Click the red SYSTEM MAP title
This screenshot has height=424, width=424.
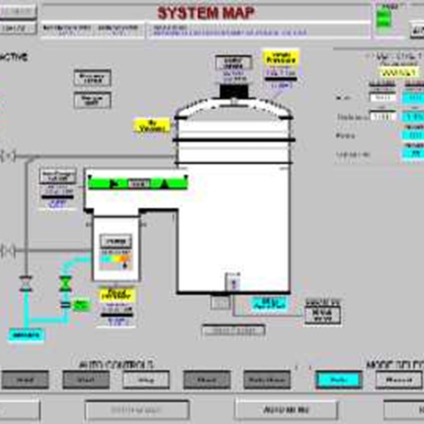tap(206, 12)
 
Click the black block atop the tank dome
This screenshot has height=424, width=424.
tap(234, 91)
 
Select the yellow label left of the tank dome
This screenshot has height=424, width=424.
tap(152, 126)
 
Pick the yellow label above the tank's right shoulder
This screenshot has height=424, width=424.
tap(281, 57)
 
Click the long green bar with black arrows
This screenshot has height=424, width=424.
tap(136, 183)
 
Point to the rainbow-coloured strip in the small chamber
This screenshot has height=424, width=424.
tap(116, 260)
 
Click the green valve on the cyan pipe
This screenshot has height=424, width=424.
tap(66, 284)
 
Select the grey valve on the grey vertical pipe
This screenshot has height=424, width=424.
tap(25, 284)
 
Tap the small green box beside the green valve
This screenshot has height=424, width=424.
tap(81, 305)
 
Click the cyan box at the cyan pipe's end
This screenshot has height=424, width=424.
tap(26, 334)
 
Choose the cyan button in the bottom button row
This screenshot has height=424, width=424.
tap(339, 379)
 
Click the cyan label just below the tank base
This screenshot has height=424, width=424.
tap(268, 303)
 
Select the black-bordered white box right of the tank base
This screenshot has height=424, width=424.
tap(322, 314)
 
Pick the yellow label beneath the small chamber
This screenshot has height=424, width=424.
tap(117, 295)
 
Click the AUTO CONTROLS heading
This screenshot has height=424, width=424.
tap(117, 365)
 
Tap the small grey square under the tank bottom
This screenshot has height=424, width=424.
tap(219, 302)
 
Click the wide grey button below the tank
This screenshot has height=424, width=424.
tap(233, 330)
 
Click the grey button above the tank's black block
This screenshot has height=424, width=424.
tap(234, 63)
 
